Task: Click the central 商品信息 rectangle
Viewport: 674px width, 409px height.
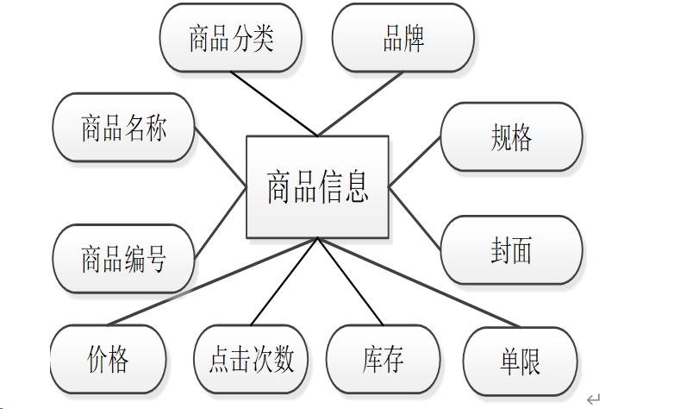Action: click(317, 186)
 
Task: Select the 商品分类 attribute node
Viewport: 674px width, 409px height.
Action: click(231, 39)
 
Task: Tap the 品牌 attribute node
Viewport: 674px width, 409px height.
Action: click(403, 39)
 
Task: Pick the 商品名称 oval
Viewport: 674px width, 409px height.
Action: click(123, 128)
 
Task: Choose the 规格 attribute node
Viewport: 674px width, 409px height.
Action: click(511, 137)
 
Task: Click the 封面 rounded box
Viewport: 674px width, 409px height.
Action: click(511, 250)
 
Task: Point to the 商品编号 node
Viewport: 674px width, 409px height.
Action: click(123, 259)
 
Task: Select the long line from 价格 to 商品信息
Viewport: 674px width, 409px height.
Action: click(207, 282)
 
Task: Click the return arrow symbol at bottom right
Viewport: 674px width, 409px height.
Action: click(593, 399)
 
